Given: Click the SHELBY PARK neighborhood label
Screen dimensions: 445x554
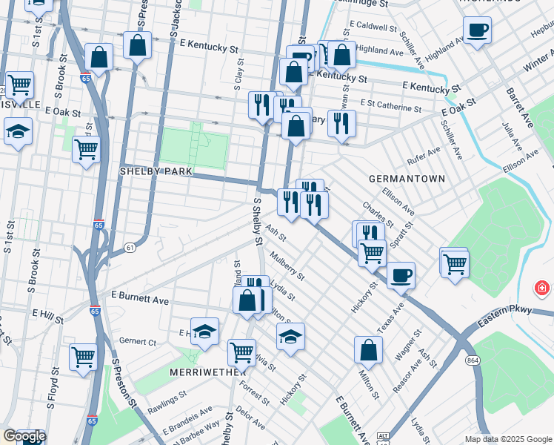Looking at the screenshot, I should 156,171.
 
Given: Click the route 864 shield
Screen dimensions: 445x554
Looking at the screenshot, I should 471,360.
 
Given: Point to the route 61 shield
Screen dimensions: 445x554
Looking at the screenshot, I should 130,247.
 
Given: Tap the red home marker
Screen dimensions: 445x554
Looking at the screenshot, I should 543,287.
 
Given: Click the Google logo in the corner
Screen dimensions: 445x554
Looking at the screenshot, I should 24,436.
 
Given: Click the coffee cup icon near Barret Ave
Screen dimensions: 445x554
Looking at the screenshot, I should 477,30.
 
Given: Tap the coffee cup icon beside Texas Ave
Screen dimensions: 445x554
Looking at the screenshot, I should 401,275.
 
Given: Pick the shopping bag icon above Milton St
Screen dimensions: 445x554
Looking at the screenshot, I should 368,352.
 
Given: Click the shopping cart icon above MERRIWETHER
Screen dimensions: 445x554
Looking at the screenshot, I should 241,352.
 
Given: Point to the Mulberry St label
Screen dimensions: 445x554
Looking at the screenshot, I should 288,266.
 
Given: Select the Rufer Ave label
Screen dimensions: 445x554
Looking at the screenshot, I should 424,156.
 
